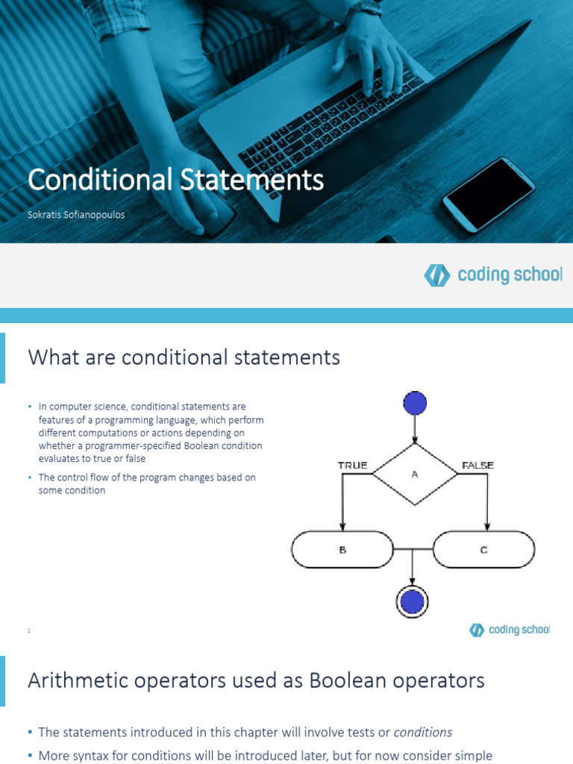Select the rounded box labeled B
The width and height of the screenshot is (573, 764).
pos(342,550)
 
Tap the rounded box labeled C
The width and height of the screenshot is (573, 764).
pos(483,550)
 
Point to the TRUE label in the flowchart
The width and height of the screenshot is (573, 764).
pos(352,466)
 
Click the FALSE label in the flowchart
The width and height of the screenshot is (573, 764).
pos(477,466)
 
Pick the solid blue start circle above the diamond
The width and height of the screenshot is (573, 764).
pos(414,404)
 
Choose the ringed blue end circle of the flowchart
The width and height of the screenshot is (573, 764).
pos(413,601)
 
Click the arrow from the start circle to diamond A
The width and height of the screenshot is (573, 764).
pos(414,430)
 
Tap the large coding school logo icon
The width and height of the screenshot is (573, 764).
pos(436,275)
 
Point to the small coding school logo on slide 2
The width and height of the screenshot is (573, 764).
pos(477,630)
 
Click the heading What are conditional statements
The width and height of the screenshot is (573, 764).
pos(184,357)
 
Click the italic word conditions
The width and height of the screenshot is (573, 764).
pos(422,732)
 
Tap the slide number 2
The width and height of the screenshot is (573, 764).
pos(28,631)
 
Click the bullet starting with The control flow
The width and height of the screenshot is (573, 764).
pos(146,483)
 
